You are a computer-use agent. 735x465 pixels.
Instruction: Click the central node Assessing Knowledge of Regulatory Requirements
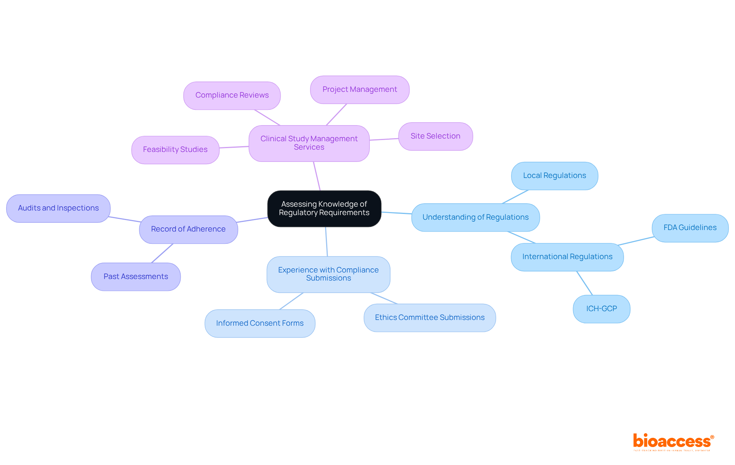tap(324, 209)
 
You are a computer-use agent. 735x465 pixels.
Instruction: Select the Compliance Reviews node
tap(232, 95)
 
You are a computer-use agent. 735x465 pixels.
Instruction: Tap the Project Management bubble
tap(359, 90)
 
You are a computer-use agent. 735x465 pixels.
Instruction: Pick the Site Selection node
tap(435, 136)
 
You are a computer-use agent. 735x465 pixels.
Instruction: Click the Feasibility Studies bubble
tap(175, 150)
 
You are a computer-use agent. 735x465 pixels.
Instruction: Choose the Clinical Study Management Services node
tap(309, 143)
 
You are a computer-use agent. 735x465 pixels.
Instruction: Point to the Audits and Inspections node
tap(58, 208)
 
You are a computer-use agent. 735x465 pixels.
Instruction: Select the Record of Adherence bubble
tap(188, 229)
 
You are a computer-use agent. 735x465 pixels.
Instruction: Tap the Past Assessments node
tap(136, 277)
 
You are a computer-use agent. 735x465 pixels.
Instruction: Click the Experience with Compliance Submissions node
tap(328, 274)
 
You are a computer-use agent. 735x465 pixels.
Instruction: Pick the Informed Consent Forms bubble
tap(260, 323)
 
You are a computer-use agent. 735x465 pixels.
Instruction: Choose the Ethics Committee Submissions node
tap(430, 318)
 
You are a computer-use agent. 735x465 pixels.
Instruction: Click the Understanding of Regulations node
tap(475, 217)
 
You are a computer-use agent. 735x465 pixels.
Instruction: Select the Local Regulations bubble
tap(554, 176)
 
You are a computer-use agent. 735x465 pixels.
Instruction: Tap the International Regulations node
tap(567, 257)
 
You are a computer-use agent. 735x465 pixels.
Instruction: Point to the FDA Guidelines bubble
tap(690, 228)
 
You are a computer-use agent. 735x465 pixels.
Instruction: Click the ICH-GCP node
tap(601, 309)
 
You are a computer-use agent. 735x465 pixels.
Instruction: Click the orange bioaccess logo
tap(673, 442)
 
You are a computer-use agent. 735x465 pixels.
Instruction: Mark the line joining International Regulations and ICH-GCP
tap(585, 283)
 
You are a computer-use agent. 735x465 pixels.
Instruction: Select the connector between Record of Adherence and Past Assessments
tap(162, 253)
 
